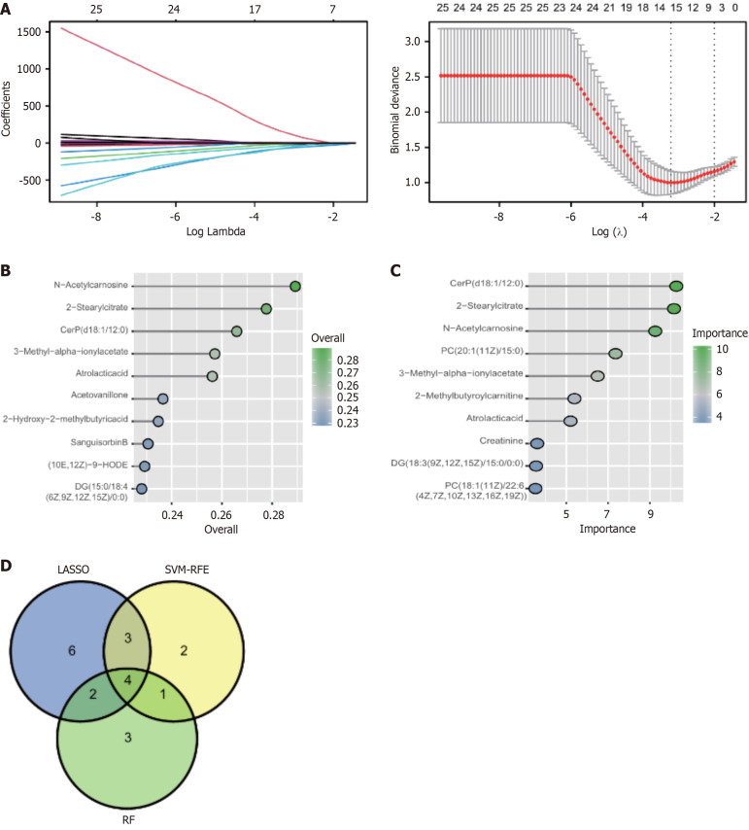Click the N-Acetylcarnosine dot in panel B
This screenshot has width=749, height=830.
pos(295,286)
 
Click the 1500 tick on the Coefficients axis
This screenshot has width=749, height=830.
pos(28,32)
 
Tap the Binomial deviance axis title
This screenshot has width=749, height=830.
pos(392,107)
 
